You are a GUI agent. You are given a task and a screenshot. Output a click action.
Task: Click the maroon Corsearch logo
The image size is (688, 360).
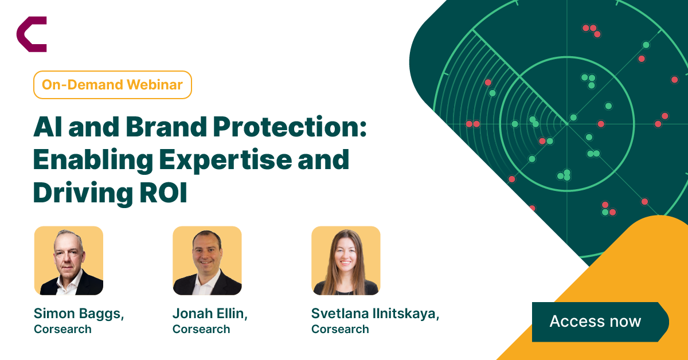point(32,34)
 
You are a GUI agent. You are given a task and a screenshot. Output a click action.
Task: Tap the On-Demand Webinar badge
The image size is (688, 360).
point(112,85)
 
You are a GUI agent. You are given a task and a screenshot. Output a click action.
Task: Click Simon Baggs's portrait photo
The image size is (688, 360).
point(69,260)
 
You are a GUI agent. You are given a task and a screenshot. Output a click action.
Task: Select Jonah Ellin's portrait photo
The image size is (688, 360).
point(207,260)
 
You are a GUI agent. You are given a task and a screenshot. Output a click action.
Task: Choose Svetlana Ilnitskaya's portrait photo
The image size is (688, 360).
point(346,260)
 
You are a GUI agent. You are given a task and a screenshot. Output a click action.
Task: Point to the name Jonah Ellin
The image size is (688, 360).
point(210,314)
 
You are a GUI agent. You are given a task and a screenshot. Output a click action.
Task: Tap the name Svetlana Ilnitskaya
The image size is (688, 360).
point(375,314)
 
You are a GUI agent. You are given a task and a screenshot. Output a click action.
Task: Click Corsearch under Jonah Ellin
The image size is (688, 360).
point(201,329)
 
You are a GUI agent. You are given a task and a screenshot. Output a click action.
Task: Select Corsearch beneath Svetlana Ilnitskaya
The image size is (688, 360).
point(340,329)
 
